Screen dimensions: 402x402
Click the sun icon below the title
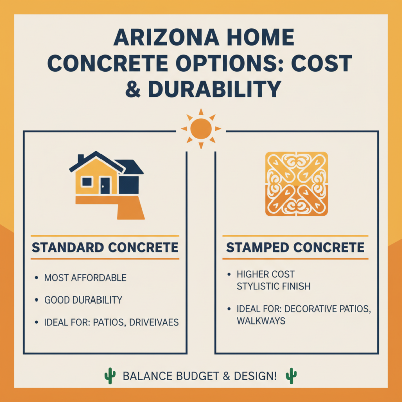click(200, 129)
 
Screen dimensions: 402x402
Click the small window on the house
click(86, 182)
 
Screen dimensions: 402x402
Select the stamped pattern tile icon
click(296, 184)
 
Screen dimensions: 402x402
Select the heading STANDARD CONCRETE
click(105, 247)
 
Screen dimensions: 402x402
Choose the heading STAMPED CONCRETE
click(295, 247)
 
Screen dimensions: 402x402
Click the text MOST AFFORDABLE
click(85, 278)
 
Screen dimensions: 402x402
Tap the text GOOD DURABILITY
click(83, 300)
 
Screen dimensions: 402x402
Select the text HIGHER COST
click(266, 274)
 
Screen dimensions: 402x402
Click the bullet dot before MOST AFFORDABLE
click(37, 278)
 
